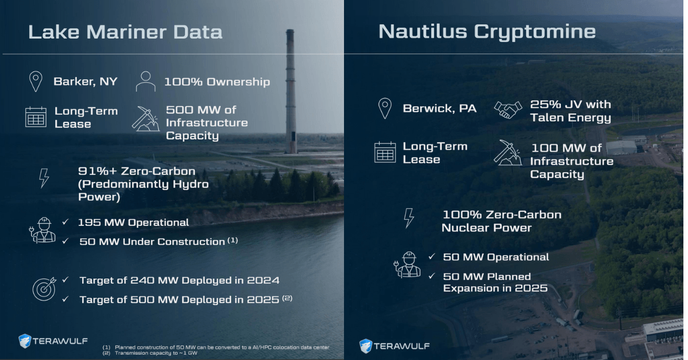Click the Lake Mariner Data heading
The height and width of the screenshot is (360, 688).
[125, 32]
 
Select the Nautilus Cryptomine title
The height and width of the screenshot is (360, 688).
[487, 32]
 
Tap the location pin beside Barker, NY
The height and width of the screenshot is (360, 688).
[36, 81]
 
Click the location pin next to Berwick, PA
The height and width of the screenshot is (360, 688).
[385, 108]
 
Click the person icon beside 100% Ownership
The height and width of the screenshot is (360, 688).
[146, 81]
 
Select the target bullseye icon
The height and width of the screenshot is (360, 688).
[44, 289]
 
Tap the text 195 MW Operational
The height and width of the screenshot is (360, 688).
[133, 222]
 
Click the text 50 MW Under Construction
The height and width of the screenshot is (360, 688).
[152, 241]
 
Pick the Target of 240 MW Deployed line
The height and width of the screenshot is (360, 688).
[179, 280]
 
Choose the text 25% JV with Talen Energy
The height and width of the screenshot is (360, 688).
[570, 111]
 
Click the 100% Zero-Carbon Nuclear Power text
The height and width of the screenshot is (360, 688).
[501, 221]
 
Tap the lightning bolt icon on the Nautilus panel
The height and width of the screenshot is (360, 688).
[409, 218]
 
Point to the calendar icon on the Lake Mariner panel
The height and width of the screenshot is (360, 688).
[36, 116]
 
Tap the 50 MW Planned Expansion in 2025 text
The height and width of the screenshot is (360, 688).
[495, 282]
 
